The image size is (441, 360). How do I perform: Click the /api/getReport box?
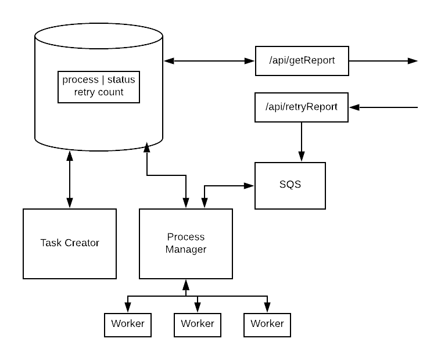coord(302,61)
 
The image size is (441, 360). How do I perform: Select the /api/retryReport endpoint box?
coord(301,107)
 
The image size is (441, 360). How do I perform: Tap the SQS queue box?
coord(290,185)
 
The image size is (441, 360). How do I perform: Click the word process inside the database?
coord(80,80)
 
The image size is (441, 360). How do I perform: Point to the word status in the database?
coord(121,80)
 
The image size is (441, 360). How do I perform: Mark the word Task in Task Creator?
coord(51,243)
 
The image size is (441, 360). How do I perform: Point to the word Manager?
coord(186,250)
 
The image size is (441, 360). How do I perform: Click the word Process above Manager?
coord(186,237)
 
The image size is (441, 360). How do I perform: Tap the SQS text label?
coord(290,185)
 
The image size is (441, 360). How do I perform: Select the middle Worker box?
coord(198,325)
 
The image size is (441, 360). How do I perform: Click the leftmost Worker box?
coord(128,325)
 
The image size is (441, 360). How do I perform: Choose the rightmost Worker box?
coord(267,325)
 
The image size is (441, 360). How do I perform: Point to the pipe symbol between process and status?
coord(103,80)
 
